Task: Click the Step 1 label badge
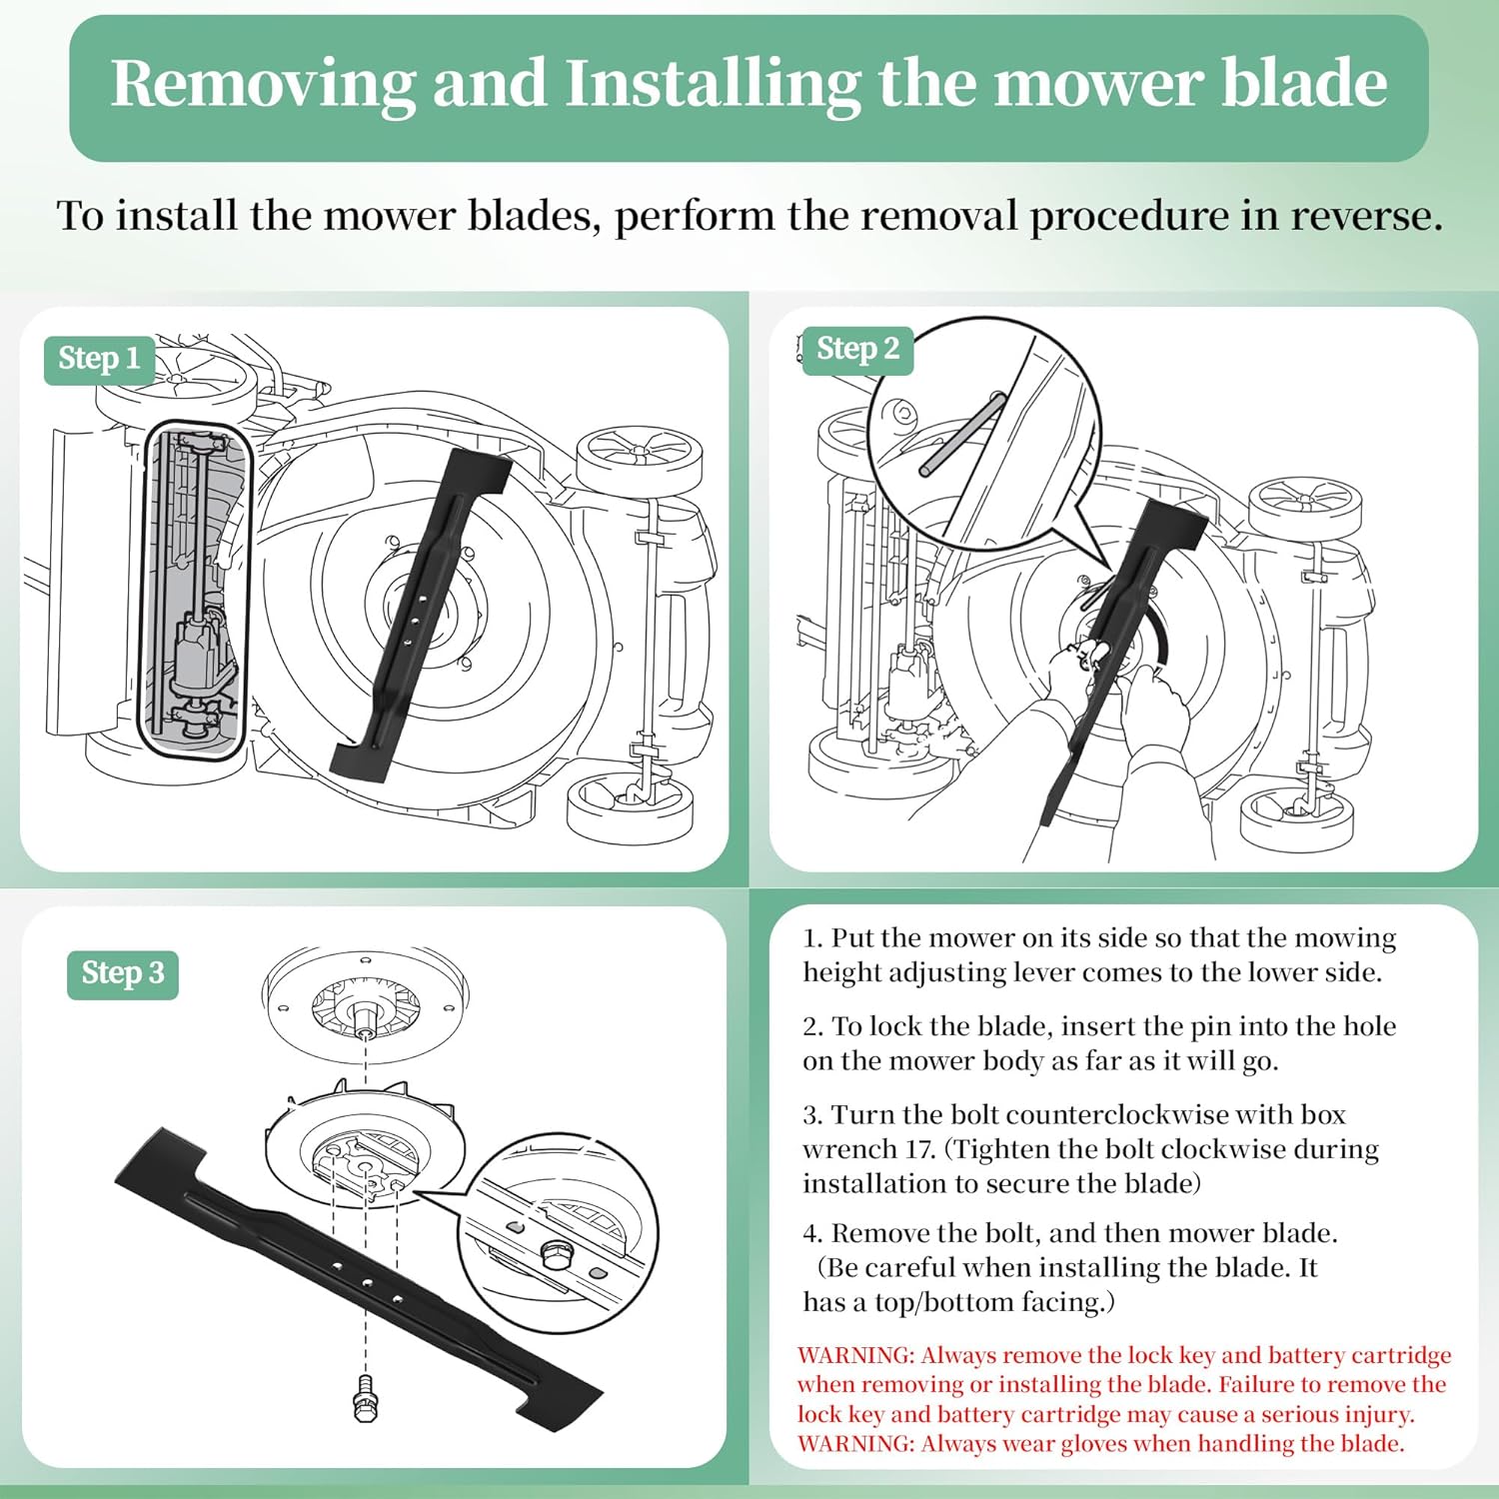[99, 359]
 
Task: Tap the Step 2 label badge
[857, 349]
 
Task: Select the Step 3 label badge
[123, 973]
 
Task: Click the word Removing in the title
[262, 84]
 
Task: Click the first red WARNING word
[855, 1355]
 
